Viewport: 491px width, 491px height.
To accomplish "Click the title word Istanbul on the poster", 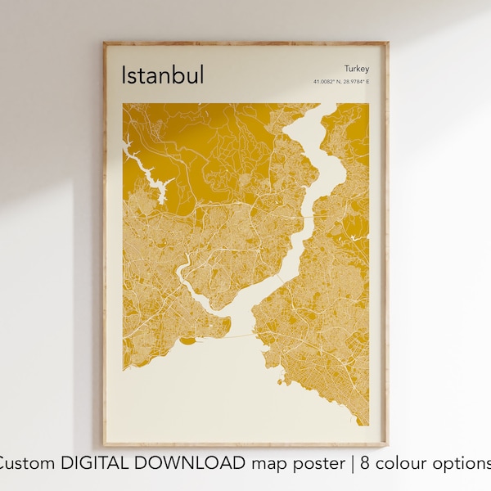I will coord(163,74).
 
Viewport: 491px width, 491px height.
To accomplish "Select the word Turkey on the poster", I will coord(357,69).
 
